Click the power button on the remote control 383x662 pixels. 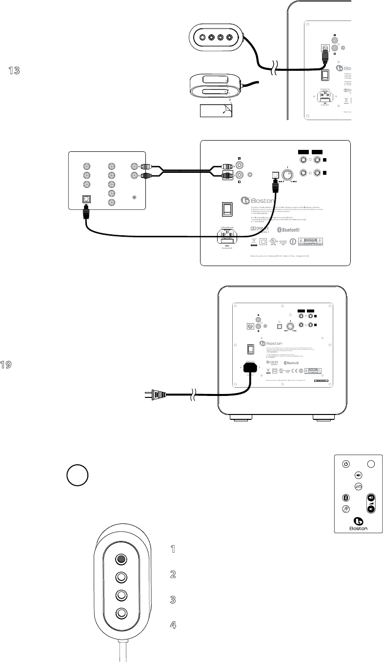click(x=345, y=464)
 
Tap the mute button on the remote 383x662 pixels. click(x=358, y=474)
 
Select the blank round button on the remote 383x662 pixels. click(x=371, y=464)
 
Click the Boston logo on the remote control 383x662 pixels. click(x=358, y=522)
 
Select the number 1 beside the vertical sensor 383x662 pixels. click(x=172, y=549)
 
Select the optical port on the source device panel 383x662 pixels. click(x=87, y=200)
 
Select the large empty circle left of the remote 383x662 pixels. click(x=78, y=476)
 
